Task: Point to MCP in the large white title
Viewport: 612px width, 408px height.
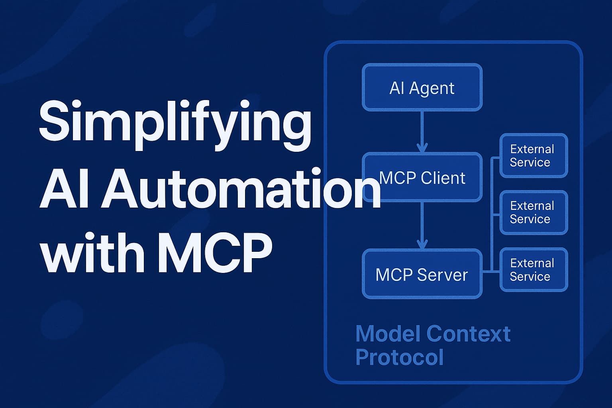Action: pos(215,253)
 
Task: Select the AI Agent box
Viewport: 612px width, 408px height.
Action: pos(422,88)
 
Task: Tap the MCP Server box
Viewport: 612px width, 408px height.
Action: pos(422,274)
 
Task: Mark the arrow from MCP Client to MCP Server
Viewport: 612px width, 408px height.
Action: pos(422,226)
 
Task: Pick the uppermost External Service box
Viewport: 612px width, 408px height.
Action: pos(534,155)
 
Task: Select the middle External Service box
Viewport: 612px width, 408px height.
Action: pos(534,212)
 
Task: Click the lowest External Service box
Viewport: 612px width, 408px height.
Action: pos(534,270)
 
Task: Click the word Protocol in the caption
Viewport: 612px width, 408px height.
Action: pos(399,357)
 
